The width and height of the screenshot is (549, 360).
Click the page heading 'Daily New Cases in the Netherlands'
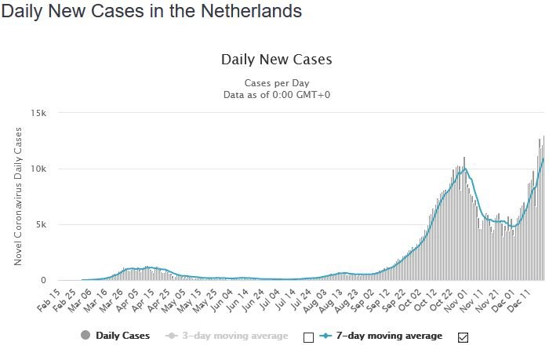[151, 13]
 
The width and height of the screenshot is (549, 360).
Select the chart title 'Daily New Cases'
[276, 60]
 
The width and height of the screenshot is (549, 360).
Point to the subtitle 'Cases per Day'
[276, 82]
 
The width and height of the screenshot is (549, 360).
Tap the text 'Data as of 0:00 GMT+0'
[276, 94]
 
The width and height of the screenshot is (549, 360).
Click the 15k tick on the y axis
[39, 114]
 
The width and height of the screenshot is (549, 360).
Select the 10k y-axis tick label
[39, 169]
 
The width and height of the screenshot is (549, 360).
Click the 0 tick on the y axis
[45, 281]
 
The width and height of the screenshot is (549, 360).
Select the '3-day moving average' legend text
[236, 336]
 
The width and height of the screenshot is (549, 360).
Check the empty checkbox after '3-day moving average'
[307, 337]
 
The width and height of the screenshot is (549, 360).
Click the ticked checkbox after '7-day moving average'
[462, 337]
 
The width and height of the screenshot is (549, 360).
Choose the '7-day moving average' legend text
[389, 336]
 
